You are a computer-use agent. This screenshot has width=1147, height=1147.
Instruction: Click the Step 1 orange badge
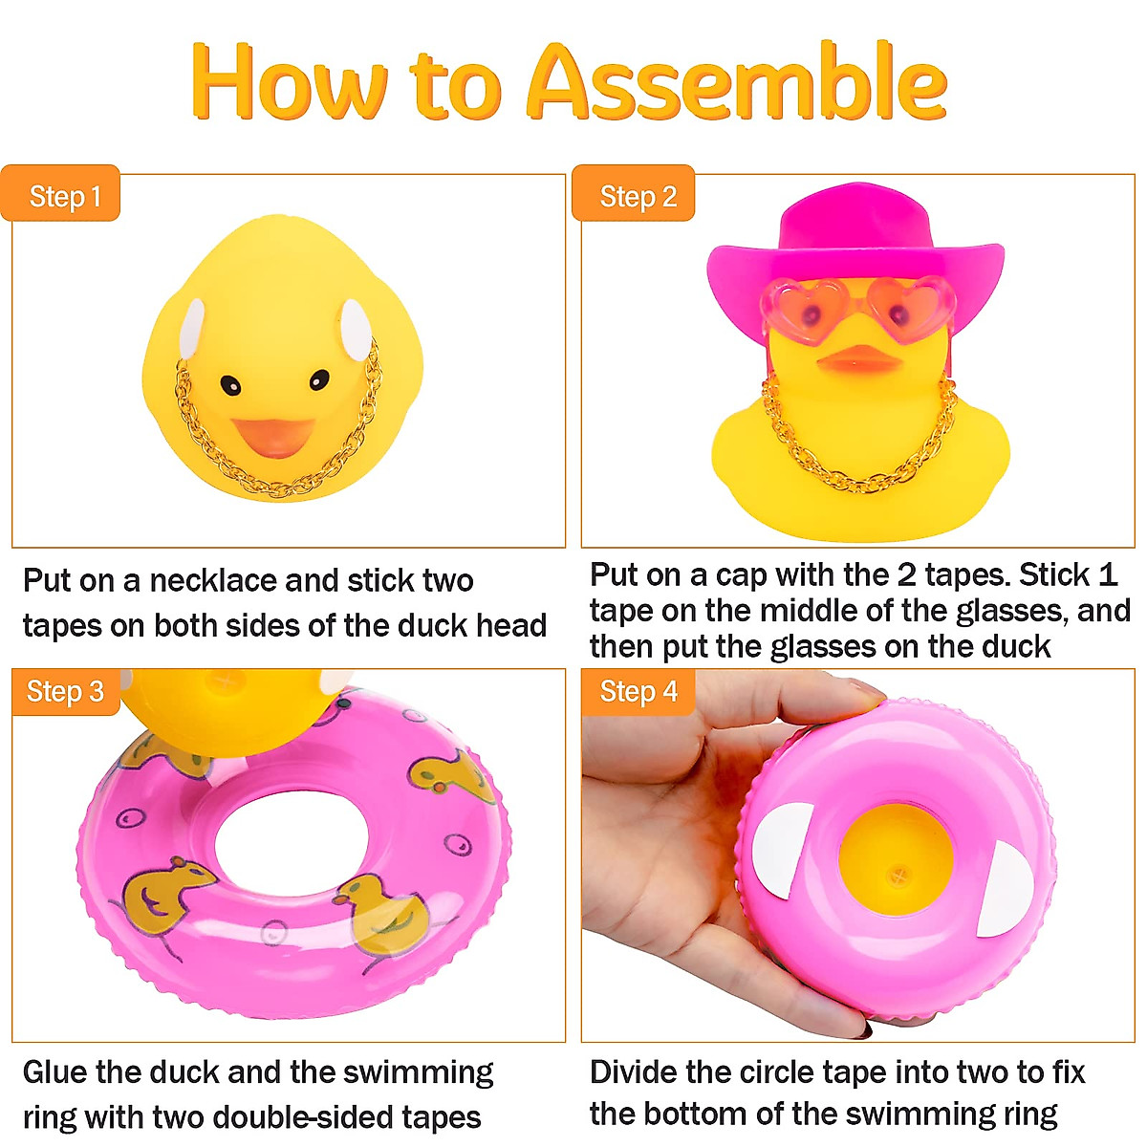click(x=62, y=196)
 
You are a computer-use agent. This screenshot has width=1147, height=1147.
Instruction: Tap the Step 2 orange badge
click(x=636, y=196)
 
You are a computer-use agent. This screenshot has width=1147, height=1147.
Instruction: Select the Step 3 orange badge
click(x=64, y=691)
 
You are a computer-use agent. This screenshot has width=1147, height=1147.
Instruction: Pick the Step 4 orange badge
click(x=638, y=691)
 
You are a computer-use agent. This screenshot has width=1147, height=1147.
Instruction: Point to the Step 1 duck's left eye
click(x=230, y=384)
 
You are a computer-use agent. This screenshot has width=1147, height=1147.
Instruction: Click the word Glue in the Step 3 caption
click(x=56, y=1072)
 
